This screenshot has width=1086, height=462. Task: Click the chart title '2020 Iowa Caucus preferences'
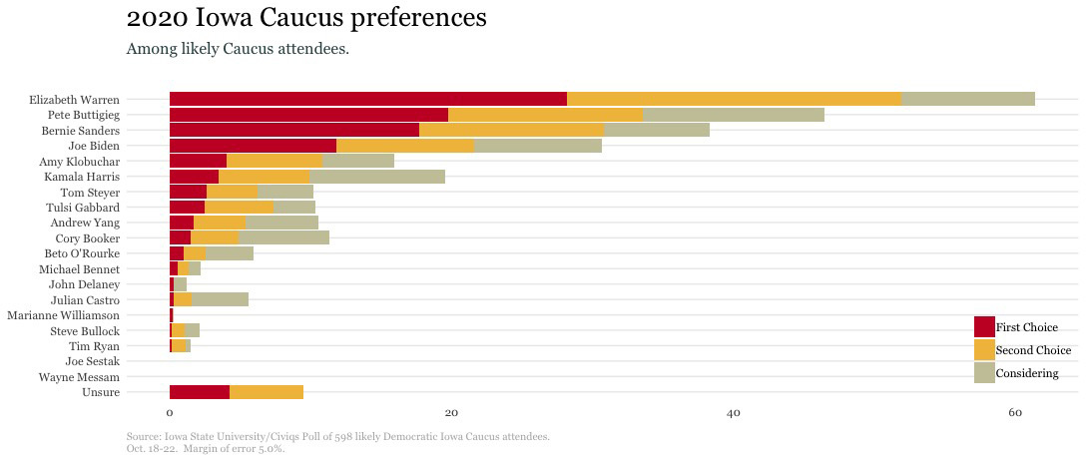[307, 18]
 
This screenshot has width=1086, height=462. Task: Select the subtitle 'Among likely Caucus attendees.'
[238, 49]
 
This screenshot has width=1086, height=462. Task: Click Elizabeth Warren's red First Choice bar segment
[367, 99]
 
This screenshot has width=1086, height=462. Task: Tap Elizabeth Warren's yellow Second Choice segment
[734, 99]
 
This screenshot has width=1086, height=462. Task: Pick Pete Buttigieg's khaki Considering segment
[733, 115]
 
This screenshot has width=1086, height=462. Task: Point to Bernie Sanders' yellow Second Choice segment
[511, 130]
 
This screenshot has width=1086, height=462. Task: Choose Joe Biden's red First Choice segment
[253, 146]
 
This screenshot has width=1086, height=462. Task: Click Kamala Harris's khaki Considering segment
[376, 177]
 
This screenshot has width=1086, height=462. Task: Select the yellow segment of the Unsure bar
[266, 392]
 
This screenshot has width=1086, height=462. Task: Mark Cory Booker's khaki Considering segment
[283, 238]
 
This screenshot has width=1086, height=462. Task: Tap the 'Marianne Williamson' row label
[63, 315]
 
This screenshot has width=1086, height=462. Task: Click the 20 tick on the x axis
[451, 413]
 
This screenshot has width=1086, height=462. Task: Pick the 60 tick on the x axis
[1015, 413]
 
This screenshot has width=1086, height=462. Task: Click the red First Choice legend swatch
[984, 327]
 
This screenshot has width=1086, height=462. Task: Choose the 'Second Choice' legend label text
[1033, 350]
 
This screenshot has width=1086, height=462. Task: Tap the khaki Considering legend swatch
[984, 373]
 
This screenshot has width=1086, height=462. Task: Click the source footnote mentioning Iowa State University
[337, 437]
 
